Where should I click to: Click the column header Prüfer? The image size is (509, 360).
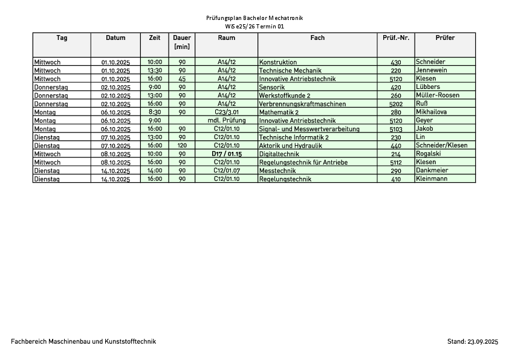click(445, 38)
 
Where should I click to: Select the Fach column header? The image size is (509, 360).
click(317, 38)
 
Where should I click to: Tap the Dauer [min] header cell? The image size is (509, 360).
click(182, 42)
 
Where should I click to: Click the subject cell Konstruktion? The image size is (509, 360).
click(278, 62)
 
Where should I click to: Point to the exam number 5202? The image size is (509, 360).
click(396, 104)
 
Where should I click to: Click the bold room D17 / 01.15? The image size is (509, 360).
click(227, 154)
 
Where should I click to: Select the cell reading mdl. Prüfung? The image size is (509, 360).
click(227, 120)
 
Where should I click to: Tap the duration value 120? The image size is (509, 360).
click(182, 146)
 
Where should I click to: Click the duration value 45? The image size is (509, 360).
click(182, 79)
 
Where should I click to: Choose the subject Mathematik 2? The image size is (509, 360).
click(280, 113)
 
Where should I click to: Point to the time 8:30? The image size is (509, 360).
click(155, 112)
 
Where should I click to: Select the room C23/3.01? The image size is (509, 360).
click(227, 112)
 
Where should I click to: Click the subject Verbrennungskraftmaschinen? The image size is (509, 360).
click(302, 104)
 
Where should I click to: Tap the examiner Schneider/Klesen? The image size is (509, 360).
click(441, 145)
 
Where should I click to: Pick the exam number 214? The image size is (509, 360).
click(396, 154)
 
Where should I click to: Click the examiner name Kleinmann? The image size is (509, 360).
click(432, 179)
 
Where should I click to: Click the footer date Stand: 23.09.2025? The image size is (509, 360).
click(472, 342)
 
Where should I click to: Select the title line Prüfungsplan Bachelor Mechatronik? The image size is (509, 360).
click(254, 18)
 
